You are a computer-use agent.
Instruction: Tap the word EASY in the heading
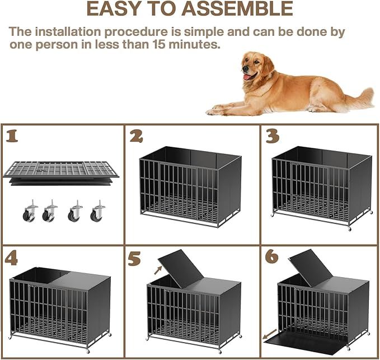(x=113, y=9)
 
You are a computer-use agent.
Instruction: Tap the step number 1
(x=12, y=136)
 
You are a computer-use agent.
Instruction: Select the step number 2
(x=137, y=136)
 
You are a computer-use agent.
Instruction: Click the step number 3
(x=273, y=136)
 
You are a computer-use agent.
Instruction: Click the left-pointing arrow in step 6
(x=268, y=338)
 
